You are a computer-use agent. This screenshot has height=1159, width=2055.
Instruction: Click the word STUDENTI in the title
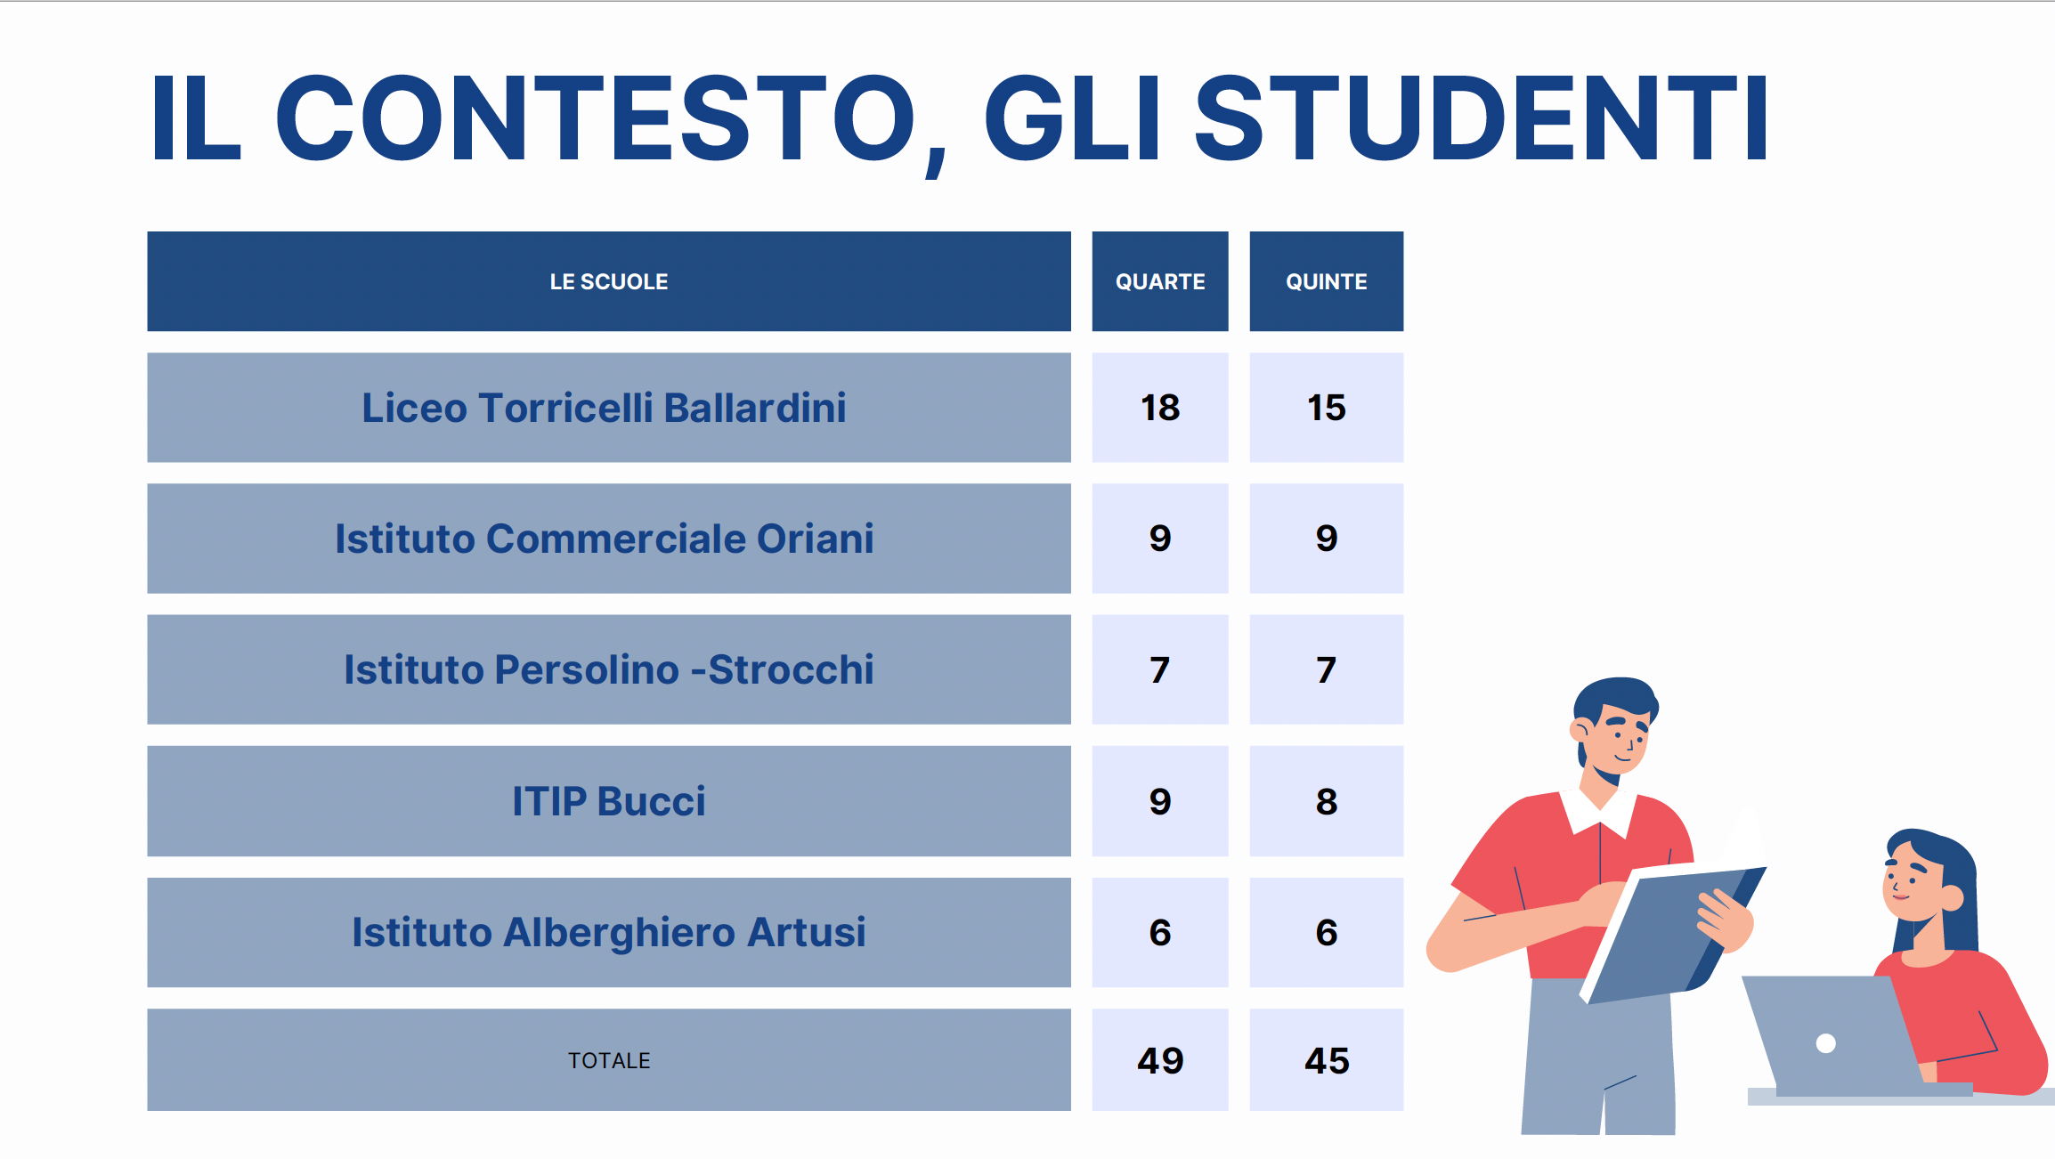(1481, 118)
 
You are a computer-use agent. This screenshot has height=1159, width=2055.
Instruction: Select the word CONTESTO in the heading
(597, 118)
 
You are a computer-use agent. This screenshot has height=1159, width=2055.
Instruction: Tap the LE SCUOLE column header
(609, 281)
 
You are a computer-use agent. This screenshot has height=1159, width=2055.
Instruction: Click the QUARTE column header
(1160, 281)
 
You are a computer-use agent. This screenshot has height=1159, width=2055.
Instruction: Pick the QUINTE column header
(1327, 281)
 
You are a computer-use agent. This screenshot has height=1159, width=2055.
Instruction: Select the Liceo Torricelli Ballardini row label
(604, 408)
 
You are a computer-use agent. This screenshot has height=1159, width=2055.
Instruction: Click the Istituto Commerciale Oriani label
(605, 539)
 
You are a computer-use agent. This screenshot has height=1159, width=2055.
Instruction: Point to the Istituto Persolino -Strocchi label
(609, 669)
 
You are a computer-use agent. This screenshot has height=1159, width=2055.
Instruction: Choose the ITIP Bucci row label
(609, 801)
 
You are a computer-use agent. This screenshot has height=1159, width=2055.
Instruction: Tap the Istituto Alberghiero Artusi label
(609, 932)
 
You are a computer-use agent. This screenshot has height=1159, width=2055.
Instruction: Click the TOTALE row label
(609, 1060)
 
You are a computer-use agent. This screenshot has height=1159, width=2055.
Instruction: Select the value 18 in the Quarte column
(1160, 408)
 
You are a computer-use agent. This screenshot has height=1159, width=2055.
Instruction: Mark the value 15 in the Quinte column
(1327, 408)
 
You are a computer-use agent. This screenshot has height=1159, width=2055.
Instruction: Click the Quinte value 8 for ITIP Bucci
(1327, 801)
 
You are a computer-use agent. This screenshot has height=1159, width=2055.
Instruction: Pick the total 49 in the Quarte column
(1160, 1060)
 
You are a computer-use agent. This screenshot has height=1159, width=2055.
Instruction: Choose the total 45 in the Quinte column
(1327, 1060)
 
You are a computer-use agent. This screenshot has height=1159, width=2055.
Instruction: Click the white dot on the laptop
(1825, 1043)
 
